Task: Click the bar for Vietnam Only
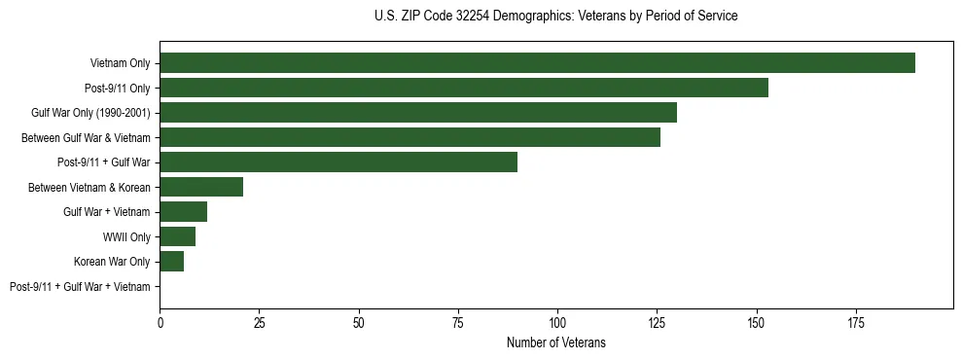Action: coord(537,63)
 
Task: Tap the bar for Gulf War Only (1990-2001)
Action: coord(418,113)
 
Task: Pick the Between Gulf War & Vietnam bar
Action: coord(410,137)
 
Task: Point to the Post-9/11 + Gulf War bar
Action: coord(338,162)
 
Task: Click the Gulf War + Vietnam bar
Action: coord(183,212)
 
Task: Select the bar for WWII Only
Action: coord(177,236)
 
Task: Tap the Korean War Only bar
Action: coord(171,262)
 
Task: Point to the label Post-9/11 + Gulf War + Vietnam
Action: coord(80,287)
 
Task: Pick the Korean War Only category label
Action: coord(112,262)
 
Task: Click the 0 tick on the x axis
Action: coord(160,321)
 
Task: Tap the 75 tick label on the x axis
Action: coord(458,321)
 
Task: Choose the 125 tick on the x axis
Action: coord(657,321)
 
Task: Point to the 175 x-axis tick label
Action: coord(856,321)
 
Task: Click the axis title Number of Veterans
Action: coord(555,342)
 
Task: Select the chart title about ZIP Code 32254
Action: coord(555,17)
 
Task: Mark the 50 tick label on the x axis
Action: coord(359,321)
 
